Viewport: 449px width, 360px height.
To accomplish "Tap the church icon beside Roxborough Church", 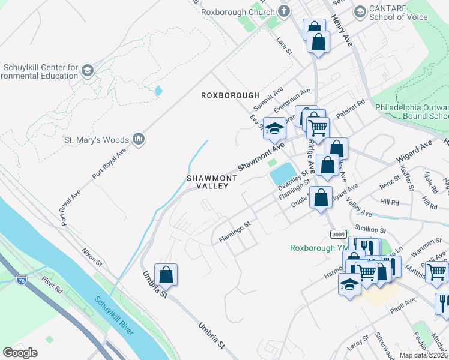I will click(284, 11).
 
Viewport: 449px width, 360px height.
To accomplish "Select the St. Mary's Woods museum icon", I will click(139, 140).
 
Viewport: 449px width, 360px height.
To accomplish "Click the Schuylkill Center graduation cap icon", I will click(88, 71).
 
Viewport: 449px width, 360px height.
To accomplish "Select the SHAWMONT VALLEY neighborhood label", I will click(212, 182).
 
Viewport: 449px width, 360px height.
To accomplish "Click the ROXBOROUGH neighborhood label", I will click(231, 95).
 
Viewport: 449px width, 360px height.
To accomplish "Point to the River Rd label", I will click(52, 284).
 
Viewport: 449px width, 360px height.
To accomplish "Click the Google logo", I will click(20, 353).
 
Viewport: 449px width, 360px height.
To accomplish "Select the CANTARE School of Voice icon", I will click(360, 11).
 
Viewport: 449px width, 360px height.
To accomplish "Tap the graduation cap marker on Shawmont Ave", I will click(274, 128).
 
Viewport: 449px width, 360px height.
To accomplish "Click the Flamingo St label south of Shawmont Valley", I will click(234, 232).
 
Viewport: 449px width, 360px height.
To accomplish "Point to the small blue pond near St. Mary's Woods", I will click(158, 91).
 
